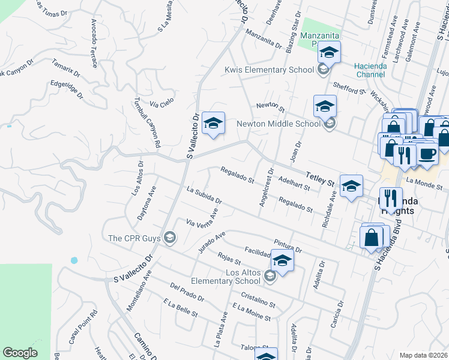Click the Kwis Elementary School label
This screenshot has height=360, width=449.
coord(269,70)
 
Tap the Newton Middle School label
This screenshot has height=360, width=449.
coord(279,124)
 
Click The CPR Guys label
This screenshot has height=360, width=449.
coord(134,238)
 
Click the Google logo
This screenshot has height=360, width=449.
coord(20,353)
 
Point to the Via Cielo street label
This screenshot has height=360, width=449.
coord(161,103)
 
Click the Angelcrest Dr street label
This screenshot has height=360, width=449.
coord(266,191)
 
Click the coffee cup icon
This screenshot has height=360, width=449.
coord(427,154)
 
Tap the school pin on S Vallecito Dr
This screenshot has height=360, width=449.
coord(213,124)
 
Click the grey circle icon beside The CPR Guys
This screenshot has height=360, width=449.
coord(170,238)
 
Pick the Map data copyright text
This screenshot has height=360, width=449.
coord(423,355)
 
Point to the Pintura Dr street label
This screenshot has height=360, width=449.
coord(287,245)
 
